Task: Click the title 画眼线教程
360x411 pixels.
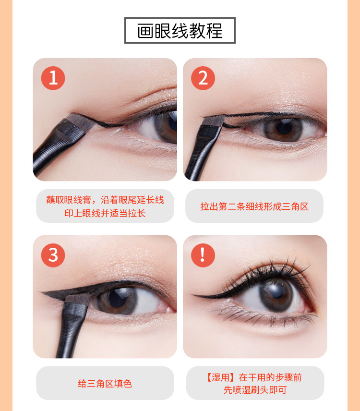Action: click(x=180, y=31)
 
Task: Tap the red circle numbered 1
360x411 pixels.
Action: click(x=53, y=78)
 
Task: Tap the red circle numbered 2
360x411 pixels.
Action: click(x=203, y=78)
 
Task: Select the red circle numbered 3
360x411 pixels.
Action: click(x=53, y=255)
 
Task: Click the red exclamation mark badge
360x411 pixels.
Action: click(x=203, y=255)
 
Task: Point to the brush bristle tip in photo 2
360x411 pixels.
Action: click(x=214, y=121)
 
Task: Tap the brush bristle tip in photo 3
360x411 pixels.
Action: click(x=78, y=299)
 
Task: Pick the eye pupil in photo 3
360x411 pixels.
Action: click(x=117, y=299)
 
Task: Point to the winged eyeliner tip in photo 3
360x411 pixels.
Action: click(x=40, y=292)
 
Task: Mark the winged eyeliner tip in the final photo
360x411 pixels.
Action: click(x=191, y=295)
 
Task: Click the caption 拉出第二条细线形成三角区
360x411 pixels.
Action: click(x=254, y=206)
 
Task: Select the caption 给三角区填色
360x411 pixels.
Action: click(x=105, y=384)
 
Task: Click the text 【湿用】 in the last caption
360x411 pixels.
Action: click(x=220, y=377)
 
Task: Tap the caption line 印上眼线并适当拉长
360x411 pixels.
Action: click(x=105, y=213)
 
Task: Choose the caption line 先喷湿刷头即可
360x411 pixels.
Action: click(x=255, y=390)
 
